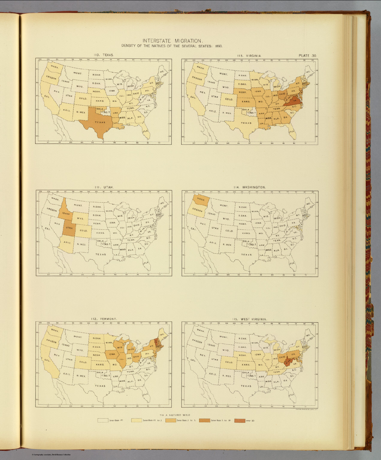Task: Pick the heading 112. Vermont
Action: click(104, 319)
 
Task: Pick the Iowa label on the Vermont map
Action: click(112, 354)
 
